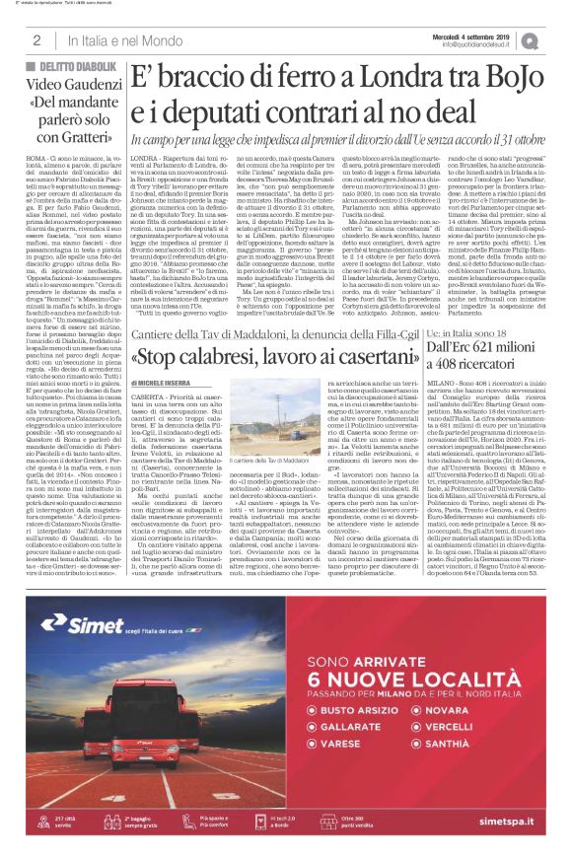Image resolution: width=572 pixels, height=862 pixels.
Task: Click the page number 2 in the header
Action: point(36,40)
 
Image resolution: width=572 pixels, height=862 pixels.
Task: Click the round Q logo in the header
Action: point(557,39)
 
